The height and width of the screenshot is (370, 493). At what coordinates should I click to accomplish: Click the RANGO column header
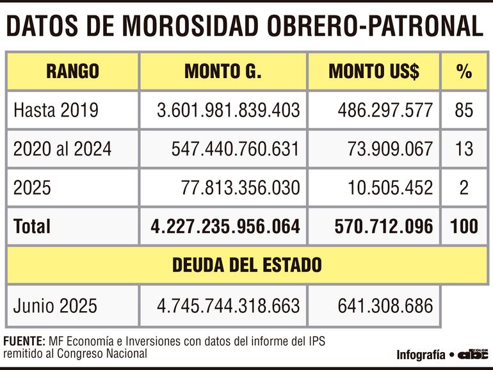tap(72, 71)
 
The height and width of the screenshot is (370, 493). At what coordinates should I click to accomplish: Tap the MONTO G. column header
tap(223, 71)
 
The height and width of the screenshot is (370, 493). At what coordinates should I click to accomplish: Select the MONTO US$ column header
tap(374, 71)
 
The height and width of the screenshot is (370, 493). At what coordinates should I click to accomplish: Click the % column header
tap(464, 71)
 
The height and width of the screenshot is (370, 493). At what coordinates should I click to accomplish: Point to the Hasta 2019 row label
tap(56, 110)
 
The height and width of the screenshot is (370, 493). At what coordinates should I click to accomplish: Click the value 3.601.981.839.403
tap(229, 110)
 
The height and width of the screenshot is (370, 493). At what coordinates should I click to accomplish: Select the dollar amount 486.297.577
tap(385, 110)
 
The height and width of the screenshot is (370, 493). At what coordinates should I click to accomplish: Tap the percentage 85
tap(464, 110)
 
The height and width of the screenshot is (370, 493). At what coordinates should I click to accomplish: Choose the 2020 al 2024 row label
tap(62, 149)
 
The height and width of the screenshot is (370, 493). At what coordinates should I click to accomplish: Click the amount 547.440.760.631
tap(235, 149)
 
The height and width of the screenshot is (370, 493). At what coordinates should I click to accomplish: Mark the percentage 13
tap(464, 149)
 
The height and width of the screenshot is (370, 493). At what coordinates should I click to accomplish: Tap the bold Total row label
tap(31, 226)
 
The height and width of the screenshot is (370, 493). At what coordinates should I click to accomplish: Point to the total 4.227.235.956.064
tap(225, 226)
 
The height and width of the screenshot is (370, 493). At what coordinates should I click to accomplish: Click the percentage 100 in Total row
tap(464, 226)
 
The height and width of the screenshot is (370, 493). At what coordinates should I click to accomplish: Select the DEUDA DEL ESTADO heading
tap(247, 265)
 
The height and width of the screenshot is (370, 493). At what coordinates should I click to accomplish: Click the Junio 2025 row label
tap(55, 305)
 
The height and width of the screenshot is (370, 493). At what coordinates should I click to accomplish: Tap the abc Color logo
tap(473, 354)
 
